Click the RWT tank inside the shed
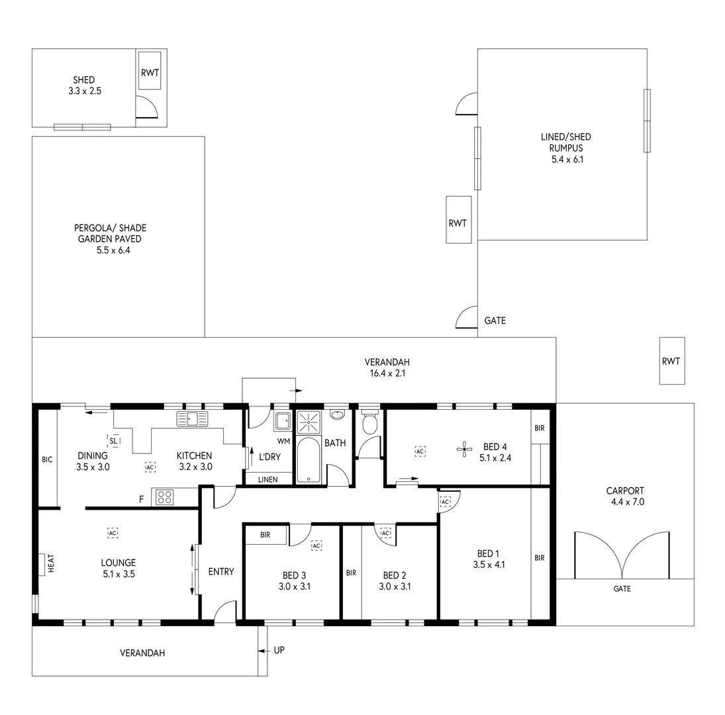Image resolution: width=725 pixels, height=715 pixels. click(x=150, y=73)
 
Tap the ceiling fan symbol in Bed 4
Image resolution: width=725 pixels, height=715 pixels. click(x=462, y=450)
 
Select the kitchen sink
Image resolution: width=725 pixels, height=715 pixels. click(x=192, y=418)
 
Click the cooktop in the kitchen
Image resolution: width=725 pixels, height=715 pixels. click(x=164, y=497)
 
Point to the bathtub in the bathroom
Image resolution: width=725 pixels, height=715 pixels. click(x=308, y=460)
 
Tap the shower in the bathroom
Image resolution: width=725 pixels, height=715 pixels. click(x=308, y=421)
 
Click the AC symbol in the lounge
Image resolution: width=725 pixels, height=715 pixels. click(x=113, y=532)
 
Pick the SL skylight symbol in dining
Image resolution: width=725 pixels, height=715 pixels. click(x=113, y=440)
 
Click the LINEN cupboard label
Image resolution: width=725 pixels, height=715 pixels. click(x=267, y=479)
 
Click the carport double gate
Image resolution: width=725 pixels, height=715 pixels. click(x=622, y=555)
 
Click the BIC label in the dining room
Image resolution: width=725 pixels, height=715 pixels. click(x=47, y=459)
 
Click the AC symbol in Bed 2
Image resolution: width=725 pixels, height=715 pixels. click(x=385, y=533)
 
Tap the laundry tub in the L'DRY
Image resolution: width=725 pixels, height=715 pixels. click(x=283, y=421)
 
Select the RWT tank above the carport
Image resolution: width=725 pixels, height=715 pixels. click(x=671, y=361)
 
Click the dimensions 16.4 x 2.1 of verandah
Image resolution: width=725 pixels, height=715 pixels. click(x=387, y=373)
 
